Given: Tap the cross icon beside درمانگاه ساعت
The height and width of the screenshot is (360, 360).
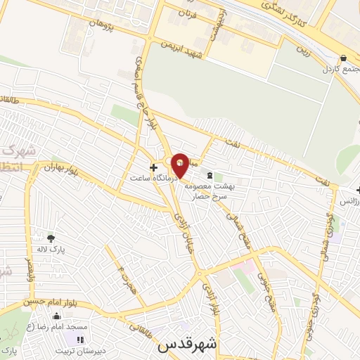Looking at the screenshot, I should click(x=153, y=167).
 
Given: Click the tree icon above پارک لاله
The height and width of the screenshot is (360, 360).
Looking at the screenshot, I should click(x=50, y=237).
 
